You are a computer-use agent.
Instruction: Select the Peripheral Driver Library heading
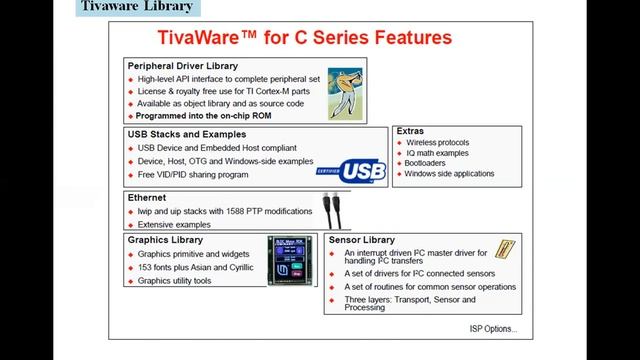[183, 66]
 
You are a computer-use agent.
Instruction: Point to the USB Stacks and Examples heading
[186, 133]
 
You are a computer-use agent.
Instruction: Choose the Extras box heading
[410, 131]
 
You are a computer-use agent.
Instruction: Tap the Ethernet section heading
[147, 198]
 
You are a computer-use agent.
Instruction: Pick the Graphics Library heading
[165, 240]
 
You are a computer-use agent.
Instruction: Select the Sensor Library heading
[361, 241]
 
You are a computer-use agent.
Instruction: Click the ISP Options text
[493, 329]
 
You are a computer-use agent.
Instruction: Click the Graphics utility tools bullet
[176, 282]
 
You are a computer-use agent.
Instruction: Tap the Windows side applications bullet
[450, 174]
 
